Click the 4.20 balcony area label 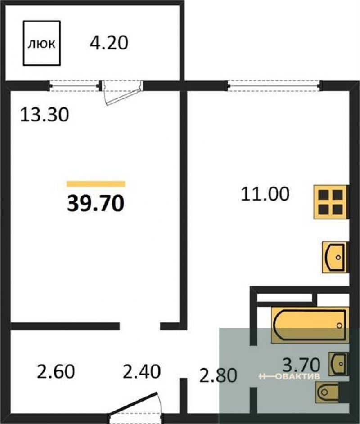tap(109, 43)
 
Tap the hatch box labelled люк tap(42, 43)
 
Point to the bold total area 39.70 tap(95, 203)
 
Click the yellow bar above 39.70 tap(96, 184)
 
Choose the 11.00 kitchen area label tap(265, 194)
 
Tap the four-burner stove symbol tap(330, 202)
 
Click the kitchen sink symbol tap(334, 257)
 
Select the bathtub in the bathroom tap(310, 325)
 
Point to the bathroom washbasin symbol tap(338, 364)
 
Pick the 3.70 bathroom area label tap(301, 365)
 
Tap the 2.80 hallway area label tap(218, 375)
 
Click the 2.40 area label tap(142, 371)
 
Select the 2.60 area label tap(56, 371)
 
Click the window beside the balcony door tap(75, 86)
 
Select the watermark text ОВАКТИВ tap(297, 376)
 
